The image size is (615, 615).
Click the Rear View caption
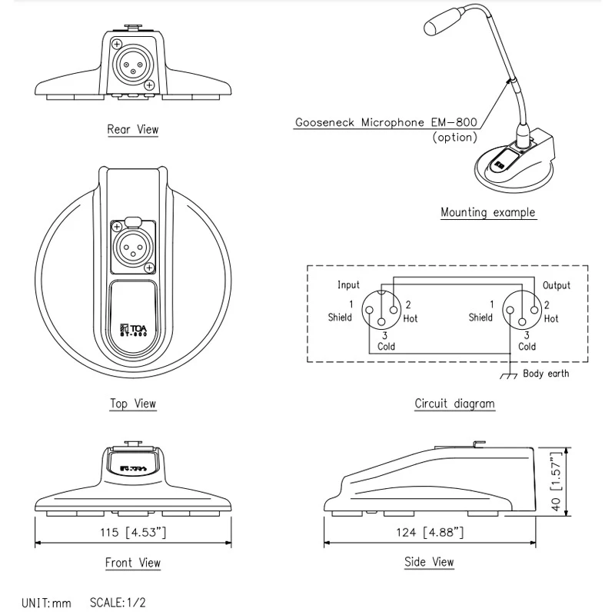point(133,130)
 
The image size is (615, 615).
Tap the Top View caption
point(133,404)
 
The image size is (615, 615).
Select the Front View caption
point(133,563)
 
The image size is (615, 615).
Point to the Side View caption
point(429,562)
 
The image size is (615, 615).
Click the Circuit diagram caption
point(455,404)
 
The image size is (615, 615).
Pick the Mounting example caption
point(488,212)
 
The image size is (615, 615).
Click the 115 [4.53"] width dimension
point(133,532)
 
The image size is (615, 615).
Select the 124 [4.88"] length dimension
point(429,532)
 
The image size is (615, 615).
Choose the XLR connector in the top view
point(133,246)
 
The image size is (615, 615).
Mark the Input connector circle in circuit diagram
point(381,305)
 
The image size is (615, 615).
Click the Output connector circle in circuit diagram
point(520,305)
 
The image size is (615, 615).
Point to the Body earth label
point(547,374)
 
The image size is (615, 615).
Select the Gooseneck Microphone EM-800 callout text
point(387,121)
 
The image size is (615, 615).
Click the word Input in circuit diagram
point(348,285)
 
